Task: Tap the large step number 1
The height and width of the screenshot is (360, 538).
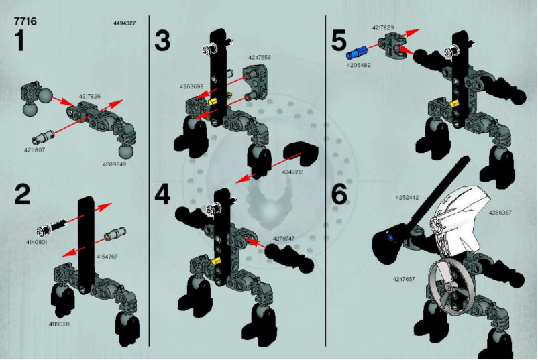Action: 21,42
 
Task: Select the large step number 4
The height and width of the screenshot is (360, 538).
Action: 162,194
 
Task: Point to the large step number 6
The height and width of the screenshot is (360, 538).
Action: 339,194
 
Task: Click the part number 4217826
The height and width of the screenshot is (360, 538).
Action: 89,97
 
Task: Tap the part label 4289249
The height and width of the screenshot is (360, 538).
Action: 114,164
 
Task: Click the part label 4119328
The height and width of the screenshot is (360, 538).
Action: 59,324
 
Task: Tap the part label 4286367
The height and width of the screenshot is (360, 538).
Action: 500,213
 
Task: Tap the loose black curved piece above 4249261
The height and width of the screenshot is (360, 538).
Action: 299,154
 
